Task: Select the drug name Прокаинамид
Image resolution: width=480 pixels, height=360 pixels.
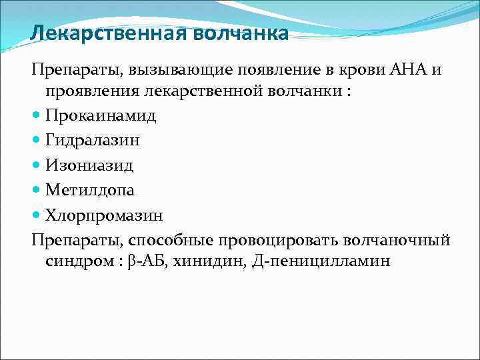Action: (x=101, y=116)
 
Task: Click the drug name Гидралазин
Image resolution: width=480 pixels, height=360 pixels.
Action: (x=93, y=141)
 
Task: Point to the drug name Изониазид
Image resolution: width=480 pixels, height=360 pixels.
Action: (x=89, y=165)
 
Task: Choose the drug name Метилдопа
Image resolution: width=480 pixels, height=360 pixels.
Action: (x=90, y=190)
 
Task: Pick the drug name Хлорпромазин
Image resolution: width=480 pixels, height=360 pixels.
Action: (x=104, y=215)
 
